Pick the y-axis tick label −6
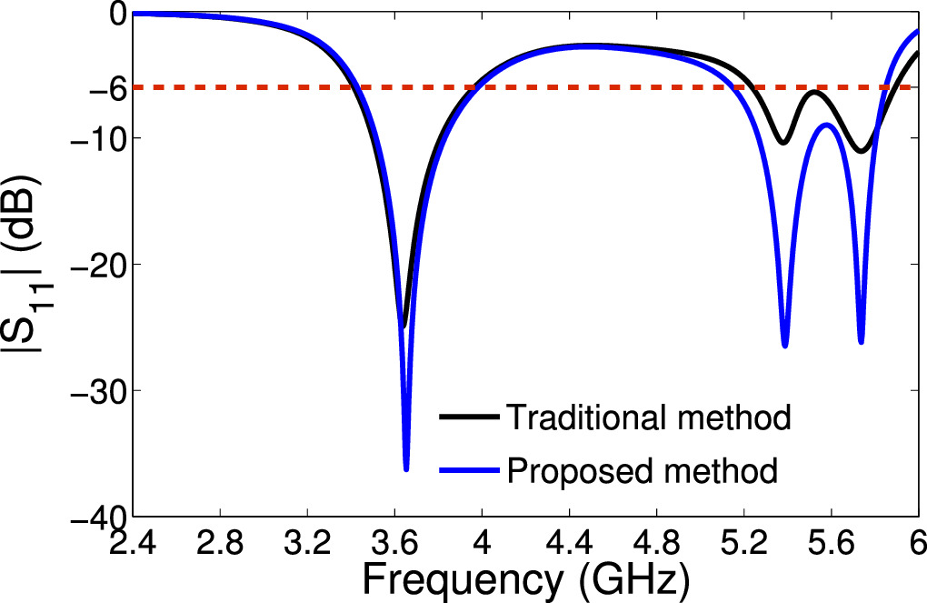(x=105, y=88)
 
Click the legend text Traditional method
(x=648, y=417)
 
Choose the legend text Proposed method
(x=642, y=471)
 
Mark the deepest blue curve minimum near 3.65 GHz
(x=406, y=469)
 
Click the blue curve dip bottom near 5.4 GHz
(x=785, y=346)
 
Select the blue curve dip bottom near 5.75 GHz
(x=861, y=342)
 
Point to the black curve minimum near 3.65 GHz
(x=404, y=326)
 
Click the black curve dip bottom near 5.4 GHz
(x=782, y=143)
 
